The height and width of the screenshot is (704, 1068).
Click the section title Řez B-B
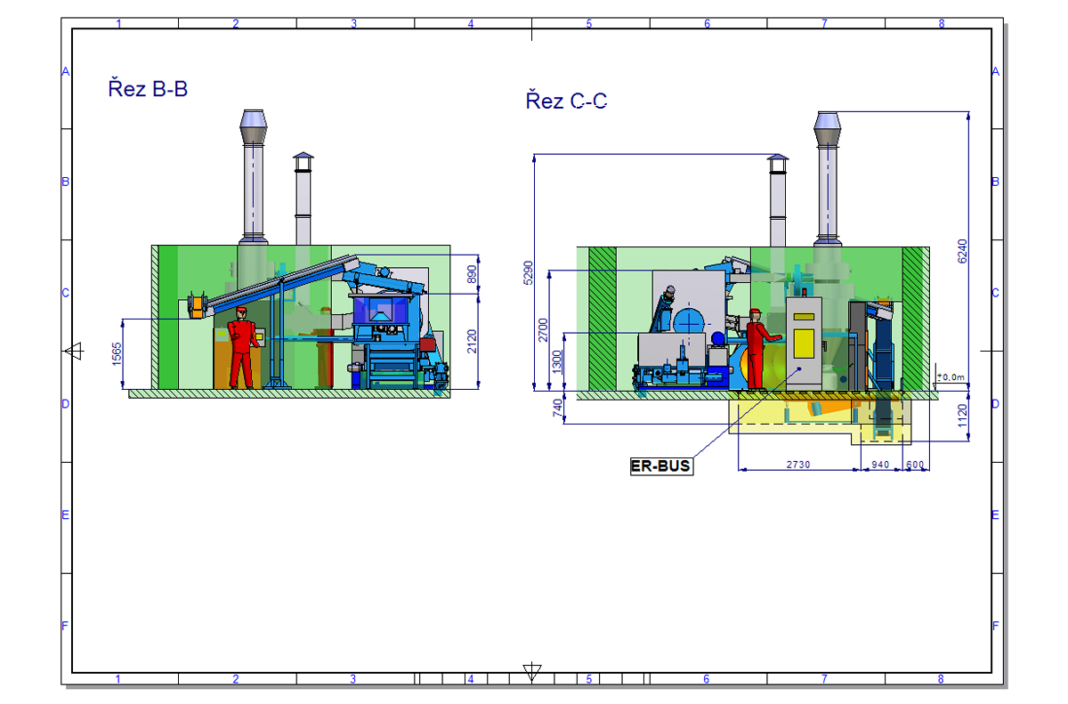click(148, 89)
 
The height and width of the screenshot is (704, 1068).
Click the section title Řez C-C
click(566, 101)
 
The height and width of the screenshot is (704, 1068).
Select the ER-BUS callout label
click(661, 465)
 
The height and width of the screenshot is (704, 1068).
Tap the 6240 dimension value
click(962, 251)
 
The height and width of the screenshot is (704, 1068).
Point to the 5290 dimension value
click(528, 272)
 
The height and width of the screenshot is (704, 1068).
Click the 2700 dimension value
click(543, 330)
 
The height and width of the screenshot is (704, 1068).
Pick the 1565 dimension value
click(117, 354)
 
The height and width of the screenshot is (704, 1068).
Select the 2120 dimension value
click(472, 341)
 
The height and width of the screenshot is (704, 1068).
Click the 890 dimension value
click(472, 274)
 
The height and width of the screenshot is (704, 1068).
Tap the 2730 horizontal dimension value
click(798, 465)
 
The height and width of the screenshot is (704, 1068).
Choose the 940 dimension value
click(880, 465)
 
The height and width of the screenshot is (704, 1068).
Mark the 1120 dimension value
click(963, 416)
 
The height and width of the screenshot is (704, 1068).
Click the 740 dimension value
click(557, 408)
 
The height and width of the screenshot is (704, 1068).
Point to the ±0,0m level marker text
click(951, 377)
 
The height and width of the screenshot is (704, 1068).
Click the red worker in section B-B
click(243, 347)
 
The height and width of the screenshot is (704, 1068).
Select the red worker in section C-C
click(759, 349)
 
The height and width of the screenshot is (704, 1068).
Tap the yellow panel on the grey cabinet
click(804, 344)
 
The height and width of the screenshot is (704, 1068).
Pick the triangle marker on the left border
click(75, 352)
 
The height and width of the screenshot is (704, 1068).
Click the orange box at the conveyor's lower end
click(196, 307)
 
